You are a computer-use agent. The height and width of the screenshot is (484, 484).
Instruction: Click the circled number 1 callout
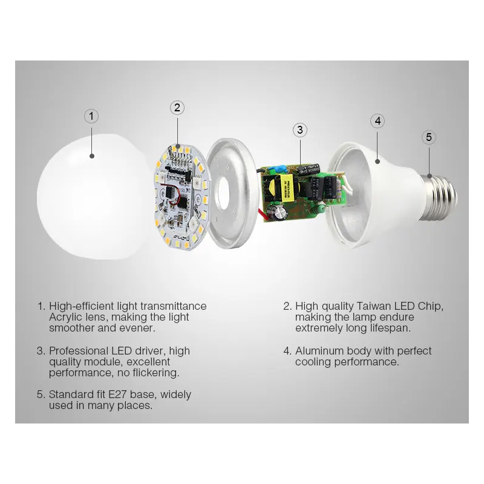pyautogui.click(x=91, y=116)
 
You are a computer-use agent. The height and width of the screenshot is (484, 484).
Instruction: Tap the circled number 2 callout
pyautogui.click(x=177, y=108)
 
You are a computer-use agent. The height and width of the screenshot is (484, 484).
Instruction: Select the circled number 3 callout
pyautogui.click(x=299, y=130)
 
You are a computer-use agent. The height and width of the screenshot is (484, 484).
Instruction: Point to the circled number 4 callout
pyautogui.click(x=378, y=121)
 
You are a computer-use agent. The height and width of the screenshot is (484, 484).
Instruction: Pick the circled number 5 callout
pyautogui.click(x=429, y=137)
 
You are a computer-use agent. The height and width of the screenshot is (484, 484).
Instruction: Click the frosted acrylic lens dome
pyautogui.click(x=93, y=197)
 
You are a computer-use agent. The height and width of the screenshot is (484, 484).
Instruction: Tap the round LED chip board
pyautogui.click(x=179, y=197)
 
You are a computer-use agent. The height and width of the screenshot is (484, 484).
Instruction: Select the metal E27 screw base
pyautogui.click(x=438, y=198)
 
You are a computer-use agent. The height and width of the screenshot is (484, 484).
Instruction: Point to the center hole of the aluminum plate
pyautogui.click(x=223, y=198)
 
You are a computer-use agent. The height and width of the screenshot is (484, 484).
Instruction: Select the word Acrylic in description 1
pyautogui.click(x=64, y=317)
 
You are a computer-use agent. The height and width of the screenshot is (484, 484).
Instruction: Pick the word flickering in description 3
pyautogui.click(x=156, y=373)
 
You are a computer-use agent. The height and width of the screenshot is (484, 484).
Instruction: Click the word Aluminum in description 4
pyautogui.click(x=319, y=351)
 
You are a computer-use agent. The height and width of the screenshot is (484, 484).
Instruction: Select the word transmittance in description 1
pyautogui.click(x=174, y=306)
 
